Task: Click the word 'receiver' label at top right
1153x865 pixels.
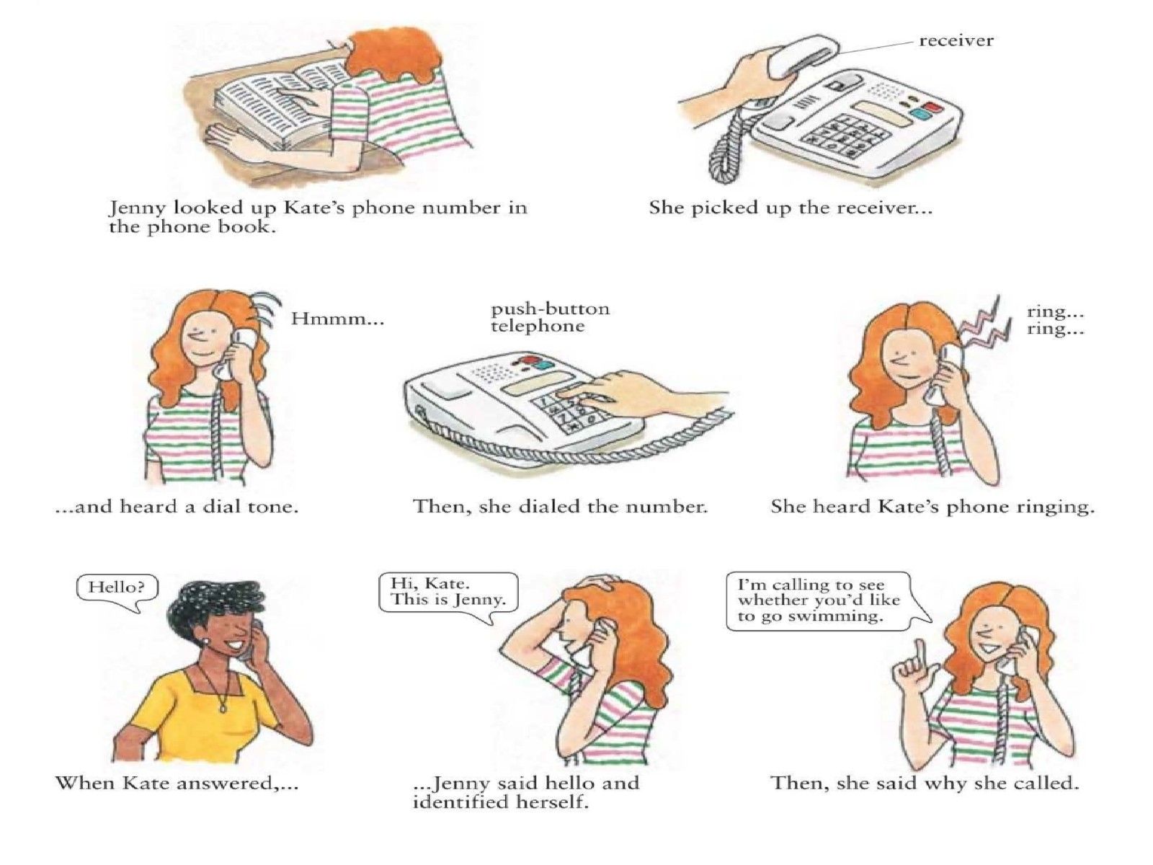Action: point(956,40)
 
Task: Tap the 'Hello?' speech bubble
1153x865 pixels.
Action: point(117,591)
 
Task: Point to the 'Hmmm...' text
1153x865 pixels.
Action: point(338,319)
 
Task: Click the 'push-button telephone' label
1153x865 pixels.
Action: point(550,318)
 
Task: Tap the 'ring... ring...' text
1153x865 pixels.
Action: point(1056,320)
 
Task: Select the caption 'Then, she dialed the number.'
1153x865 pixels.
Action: point(561,507)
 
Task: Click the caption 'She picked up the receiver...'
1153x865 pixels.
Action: point(791,208)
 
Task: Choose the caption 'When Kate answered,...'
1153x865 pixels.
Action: point(177,784)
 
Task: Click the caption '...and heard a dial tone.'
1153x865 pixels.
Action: point(177,507)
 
